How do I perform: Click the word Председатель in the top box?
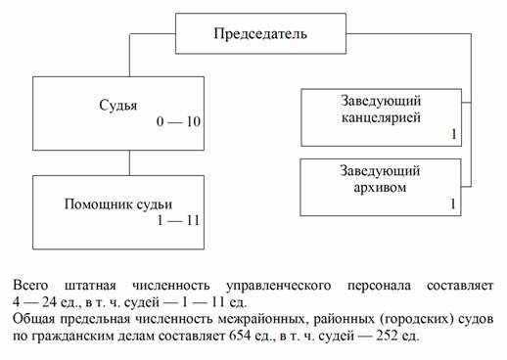tap(260, 34)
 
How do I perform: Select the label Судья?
tap(118, 106)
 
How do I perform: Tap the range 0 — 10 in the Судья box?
tap(178, 121)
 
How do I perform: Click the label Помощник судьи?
tap(118, 204)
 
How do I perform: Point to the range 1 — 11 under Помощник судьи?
tap(178, 221)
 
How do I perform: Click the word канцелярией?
tap(381, 117)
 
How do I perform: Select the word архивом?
tap(380, 188)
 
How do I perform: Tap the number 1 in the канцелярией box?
tap(453, 134)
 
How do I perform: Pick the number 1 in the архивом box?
tap(453, 204)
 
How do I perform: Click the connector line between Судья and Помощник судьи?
tap(129, 163)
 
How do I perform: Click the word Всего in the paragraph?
tap(30, 286)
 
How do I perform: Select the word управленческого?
tap(278, 286)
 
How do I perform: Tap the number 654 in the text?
tap(240, 336)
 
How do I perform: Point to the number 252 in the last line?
tap(387, 336)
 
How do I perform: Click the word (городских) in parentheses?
tap(417, 319)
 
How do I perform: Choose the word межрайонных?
tap(263, 319)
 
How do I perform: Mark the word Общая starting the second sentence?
tap(34, 319)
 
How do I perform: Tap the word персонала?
tap(379, 286)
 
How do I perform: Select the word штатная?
tap(90, 286)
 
